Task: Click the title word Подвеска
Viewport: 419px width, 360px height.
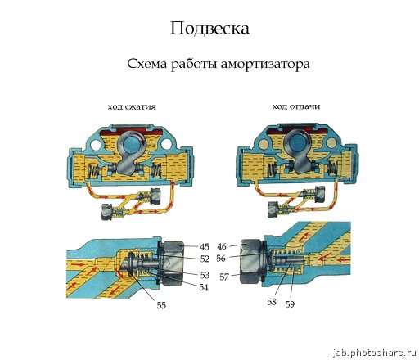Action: pyautogui.click(x=209, y=29)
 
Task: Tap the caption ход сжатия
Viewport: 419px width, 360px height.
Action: pyautogui.click(x=132, y=106)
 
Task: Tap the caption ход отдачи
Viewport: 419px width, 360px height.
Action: pyautogui.click(x=296, y=106)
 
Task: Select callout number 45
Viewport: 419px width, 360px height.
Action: pyautogui.click(x=205, y=247)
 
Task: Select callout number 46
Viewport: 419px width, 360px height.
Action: pyautogui.click(x=222, y=246)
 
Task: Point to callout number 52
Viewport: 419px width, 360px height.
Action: pyautogui.click(x=205, y=259)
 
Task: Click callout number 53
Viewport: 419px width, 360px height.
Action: pyautogui.click(x=205, y=275)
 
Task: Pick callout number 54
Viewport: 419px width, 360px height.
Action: pyautogui.click(x=204, y=287)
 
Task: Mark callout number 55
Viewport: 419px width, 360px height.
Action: pyautogui.click(x=161, y=305)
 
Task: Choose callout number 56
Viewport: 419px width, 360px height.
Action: pyautogui.click(x=221, y=259)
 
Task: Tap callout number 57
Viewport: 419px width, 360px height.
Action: pyautogui.click(x=224, y=277)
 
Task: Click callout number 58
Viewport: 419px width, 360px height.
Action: pyautogui.click(x=272, y=302)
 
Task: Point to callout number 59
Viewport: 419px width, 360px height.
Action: pyautogui.click(x=290, y=304)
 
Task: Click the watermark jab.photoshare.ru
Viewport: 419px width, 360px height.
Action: pyautogui.click(x=376, y=353)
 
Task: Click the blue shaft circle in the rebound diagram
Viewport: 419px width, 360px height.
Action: pyautogui.click(x=297, y=142)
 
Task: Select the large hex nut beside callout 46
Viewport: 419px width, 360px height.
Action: pyautogui.click(x=250, y=261)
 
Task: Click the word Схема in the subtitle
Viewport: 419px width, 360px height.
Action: pyautogui.click(x=146, y=64)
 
